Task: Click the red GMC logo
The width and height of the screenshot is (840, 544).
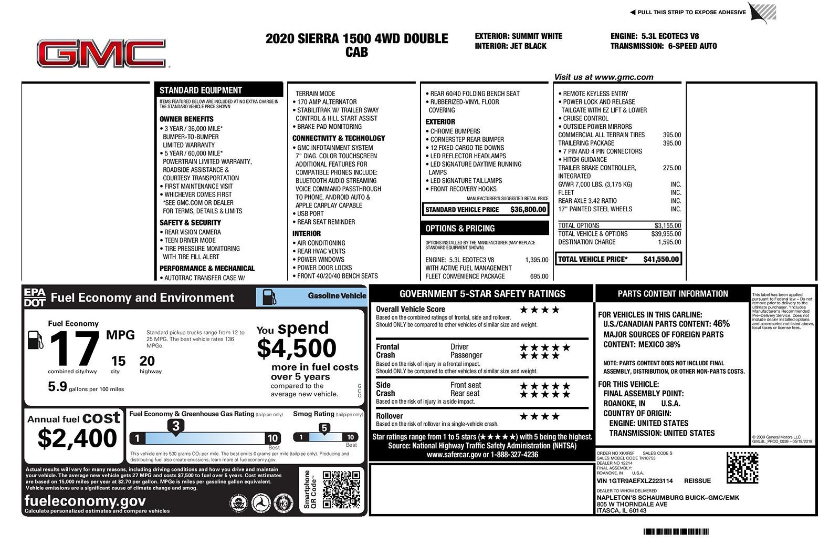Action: pyautogui.click(x=101, y=54)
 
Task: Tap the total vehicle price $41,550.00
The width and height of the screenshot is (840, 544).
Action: pyautogui.click(x=661, y=259)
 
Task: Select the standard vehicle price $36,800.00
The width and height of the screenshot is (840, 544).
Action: pyautogui.click(x=528, y=210)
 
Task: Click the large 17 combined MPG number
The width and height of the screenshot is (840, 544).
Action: pyautogui.click(x=75, y=349)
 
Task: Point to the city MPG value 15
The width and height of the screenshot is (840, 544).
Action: pyautogui.click(x=118, y=361)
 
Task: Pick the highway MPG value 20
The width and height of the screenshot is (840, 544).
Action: pyautogui.click(x=147, y=361)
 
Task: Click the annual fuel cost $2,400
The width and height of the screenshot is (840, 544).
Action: pyautogui.click(x=77, y=438)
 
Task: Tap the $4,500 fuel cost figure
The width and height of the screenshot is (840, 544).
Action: pyautogui.click(x=297, y=348)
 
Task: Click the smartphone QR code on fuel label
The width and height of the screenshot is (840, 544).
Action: pyautogui.click(x=341, y=490)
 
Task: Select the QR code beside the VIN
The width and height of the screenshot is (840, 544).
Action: pyautogui.click(x=742, y=468)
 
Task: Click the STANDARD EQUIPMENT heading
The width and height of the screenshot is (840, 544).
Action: pyautogui.click(x=201, y=90)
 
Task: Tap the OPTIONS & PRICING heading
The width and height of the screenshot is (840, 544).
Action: pyautogui.click(x=460, y=229)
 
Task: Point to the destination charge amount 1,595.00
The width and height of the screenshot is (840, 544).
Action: pyautogui.click(x=669, y=242)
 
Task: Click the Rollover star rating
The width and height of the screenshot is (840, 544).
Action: pyautogui.click(x=539, y=417)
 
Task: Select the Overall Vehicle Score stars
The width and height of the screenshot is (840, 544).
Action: pyautogui.click(x=539, y=310)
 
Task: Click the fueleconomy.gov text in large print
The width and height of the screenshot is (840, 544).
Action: pyautogui.click(x=85, y=500)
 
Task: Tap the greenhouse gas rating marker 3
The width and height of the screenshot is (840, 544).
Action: pyautogui.click(x=176, y=426)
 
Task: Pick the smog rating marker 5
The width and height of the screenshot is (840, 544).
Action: pyautogui.click(x=324, y=428)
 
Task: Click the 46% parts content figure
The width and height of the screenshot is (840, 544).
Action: pyautogui.click(x=721, y=324)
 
